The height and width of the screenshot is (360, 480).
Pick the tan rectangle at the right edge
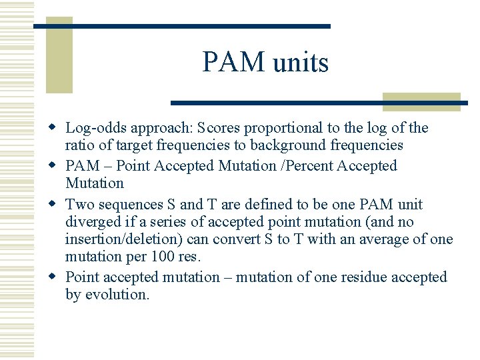click(x=421, y=101)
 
